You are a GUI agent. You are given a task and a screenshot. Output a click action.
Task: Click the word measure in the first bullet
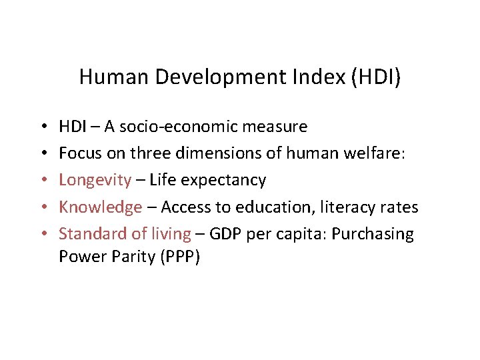278,126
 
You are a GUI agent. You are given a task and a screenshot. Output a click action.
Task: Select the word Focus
79,153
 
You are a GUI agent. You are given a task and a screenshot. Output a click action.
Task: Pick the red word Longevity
95,181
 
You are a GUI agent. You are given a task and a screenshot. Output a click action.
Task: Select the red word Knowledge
101,207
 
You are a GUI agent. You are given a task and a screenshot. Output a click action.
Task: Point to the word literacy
345,207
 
